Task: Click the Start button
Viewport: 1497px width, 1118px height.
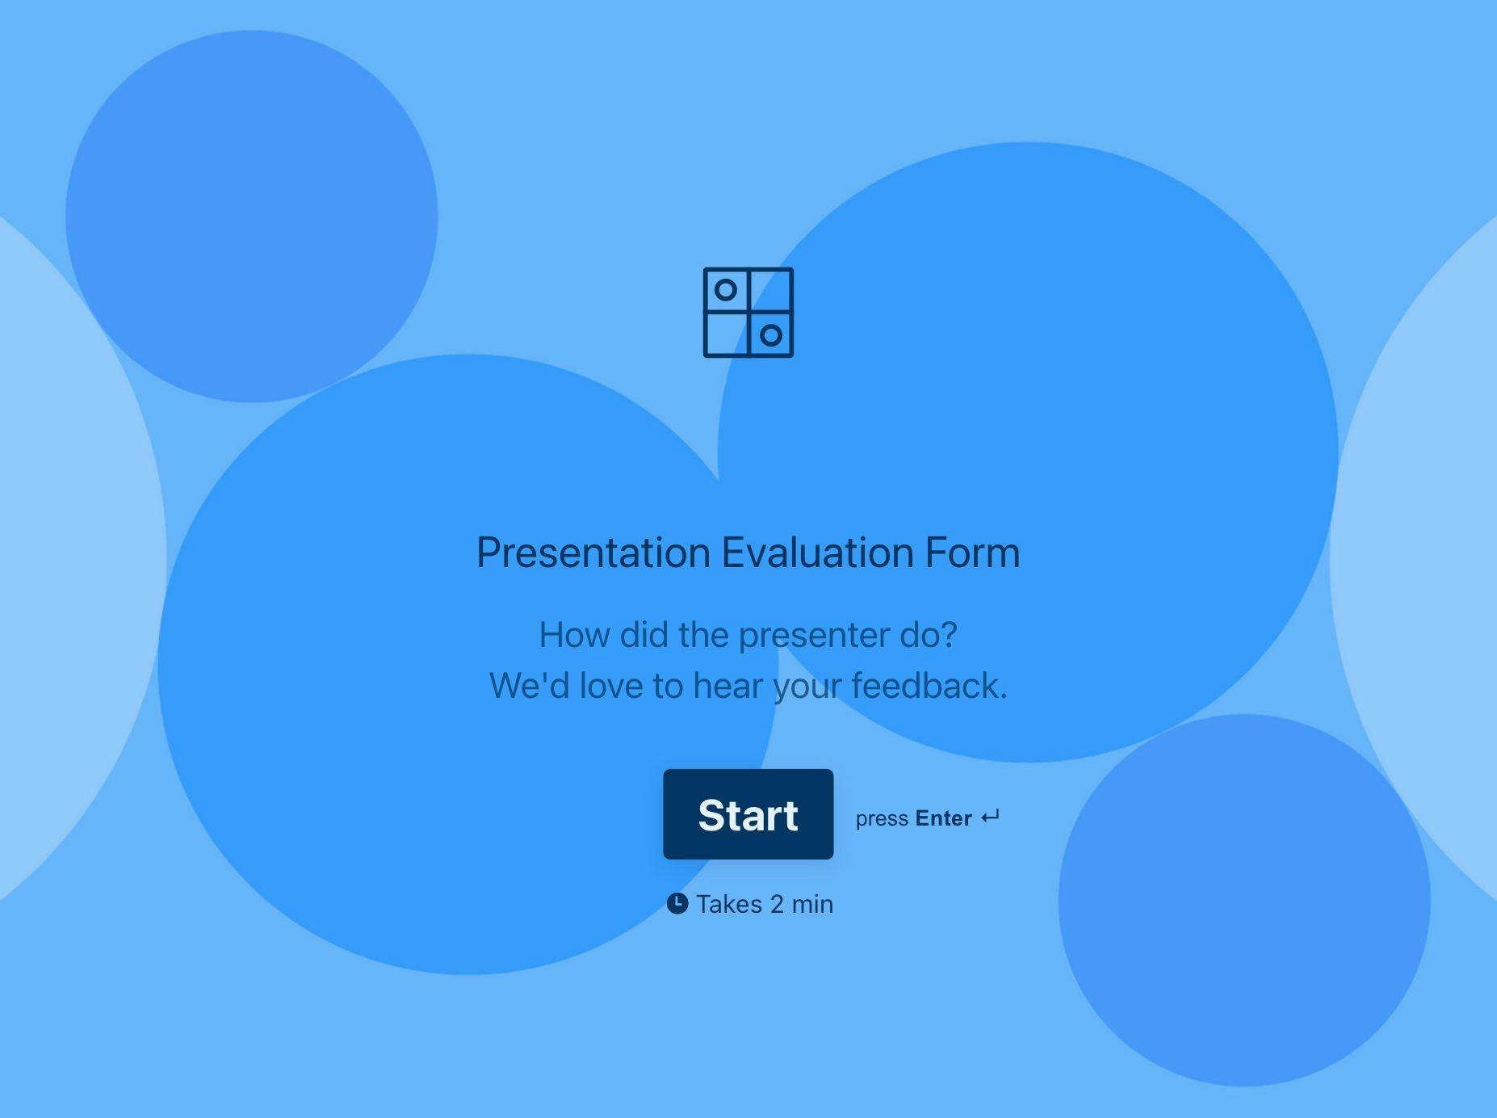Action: [748, 814]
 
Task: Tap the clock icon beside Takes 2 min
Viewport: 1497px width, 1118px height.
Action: [677, 903]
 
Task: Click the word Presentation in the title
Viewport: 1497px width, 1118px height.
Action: [593, 553]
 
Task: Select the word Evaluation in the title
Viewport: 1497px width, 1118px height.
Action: [818, 553]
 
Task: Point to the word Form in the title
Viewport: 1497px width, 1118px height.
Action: [973, 553]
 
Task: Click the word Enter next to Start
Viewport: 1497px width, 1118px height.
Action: [943, 818]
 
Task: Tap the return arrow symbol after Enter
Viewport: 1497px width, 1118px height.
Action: [990, 817]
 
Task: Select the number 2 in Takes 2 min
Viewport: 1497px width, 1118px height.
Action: [777, 904]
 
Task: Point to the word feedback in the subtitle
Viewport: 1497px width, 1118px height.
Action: [929, 686]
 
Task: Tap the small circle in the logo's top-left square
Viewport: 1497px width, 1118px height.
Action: [726, 289]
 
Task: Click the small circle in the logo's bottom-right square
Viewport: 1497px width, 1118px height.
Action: [771, 335]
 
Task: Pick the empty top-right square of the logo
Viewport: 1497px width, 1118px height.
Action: [771, 289]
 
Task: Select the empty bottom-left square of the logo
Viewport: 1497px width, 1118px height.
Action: [726, 334]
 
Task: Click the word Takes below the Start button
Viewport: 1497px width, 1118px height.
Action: [729, 904]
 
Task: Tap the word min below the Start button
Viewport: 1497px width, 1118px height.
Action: [812, 904]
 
